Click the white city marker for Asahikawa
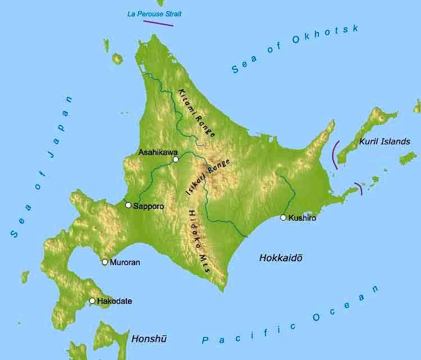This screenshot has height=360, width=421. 176,160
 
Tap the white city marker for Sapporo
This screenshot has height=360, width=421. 129,205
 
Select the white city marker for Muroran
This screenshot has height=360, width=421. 105,262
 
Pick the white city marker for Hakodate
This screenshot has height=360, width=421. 93,300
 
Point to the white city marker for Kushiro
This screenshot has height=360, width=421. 283,217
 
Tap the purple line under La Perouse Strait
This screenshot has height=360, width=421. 158,23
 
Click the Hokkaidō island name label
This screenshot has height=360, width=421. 281,258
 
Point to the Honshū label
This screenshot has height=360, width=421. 149,339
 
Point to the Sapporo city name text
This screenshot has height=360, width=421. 149,206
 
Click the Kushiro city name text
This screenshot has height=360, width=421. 302,218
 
